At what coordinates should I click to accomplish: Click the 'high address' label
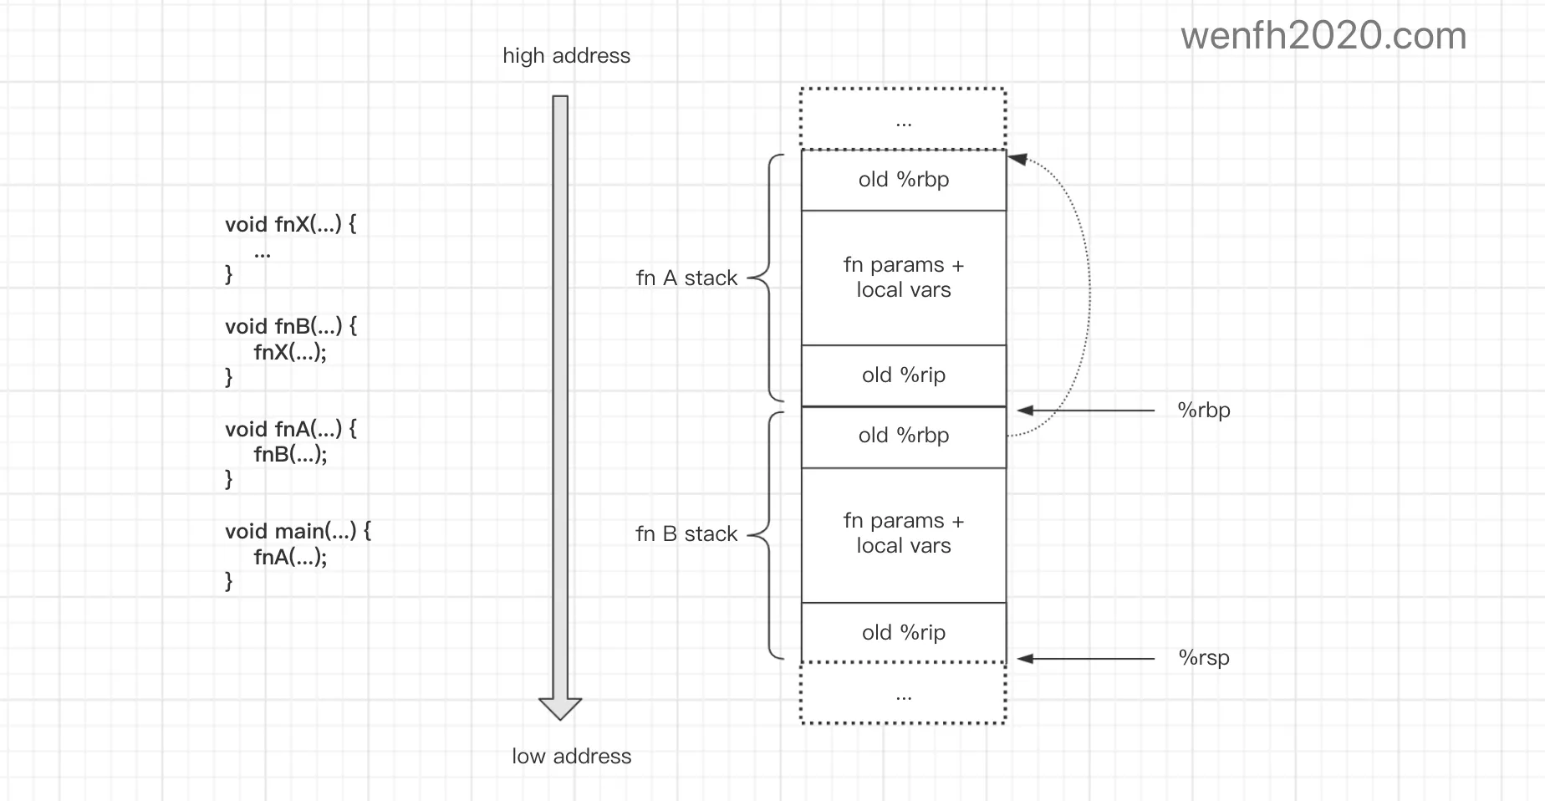[566, 56]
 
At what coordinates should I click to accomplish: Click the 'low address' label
[571, 756]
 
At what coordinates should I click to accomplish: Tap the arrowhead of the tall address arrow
[560, 707]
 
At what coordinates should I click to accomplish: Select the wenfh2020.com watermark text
[1323, 36]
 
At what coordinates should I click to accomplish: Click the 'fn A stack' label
[686, 278]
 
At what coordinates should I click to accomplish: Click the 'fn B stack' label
[686, 533]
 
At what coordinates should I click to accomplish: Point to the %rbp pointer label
[1204, 410]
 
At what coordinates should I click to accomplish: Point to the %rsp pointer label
[1204, 657]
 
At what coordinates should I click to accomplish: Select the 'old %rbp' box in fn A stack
[903, 180]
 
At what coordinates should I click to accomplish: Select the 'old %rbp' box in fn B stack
[903, 436]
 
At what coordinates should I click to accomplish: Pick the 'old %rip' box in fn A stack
[903, 375]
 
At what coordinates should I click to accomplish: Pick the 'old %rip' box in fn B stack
[903, 633]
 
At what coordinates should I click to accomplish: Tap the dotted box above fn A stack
[903, 119]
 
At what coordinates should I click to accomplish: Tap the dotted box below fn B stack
[903, 693]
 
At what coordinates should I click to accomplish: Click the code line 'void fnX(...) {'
[290, 224]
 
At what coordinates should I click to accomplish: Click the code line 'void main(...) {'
[298, 531]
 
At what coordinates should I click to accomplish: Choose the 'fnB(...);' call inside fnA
[290, 454]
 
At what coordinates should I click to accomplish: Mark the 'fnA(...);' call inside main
[290, 557]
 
